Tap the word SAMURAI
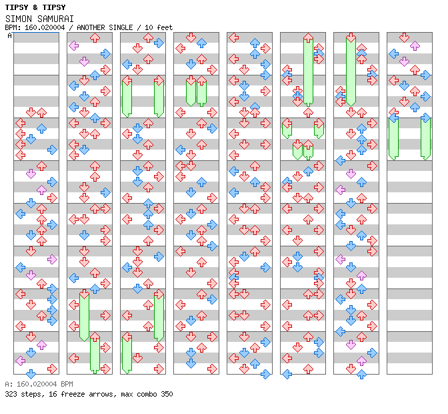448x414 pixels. (x=55, y=18)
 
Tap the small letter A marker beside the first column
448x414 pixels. (x=10, y=35)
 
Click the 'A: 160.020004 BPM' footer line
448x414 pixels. (x=39, y=385)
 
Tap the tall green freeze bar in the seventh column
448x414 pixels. (x=351, y=70)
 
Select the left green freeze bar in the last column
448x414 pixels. (x=393, y=137)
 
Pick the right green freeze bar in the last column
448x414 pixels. (x=425, y=137)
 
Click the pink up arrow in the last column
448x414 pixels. (x=415, y=46)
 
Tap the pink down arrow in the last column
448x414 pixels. (x=404, y=61)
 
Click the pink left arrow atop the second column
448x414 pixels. (x=73, y=46)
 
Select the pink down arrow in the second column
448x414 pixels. (x=84, y=61)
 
